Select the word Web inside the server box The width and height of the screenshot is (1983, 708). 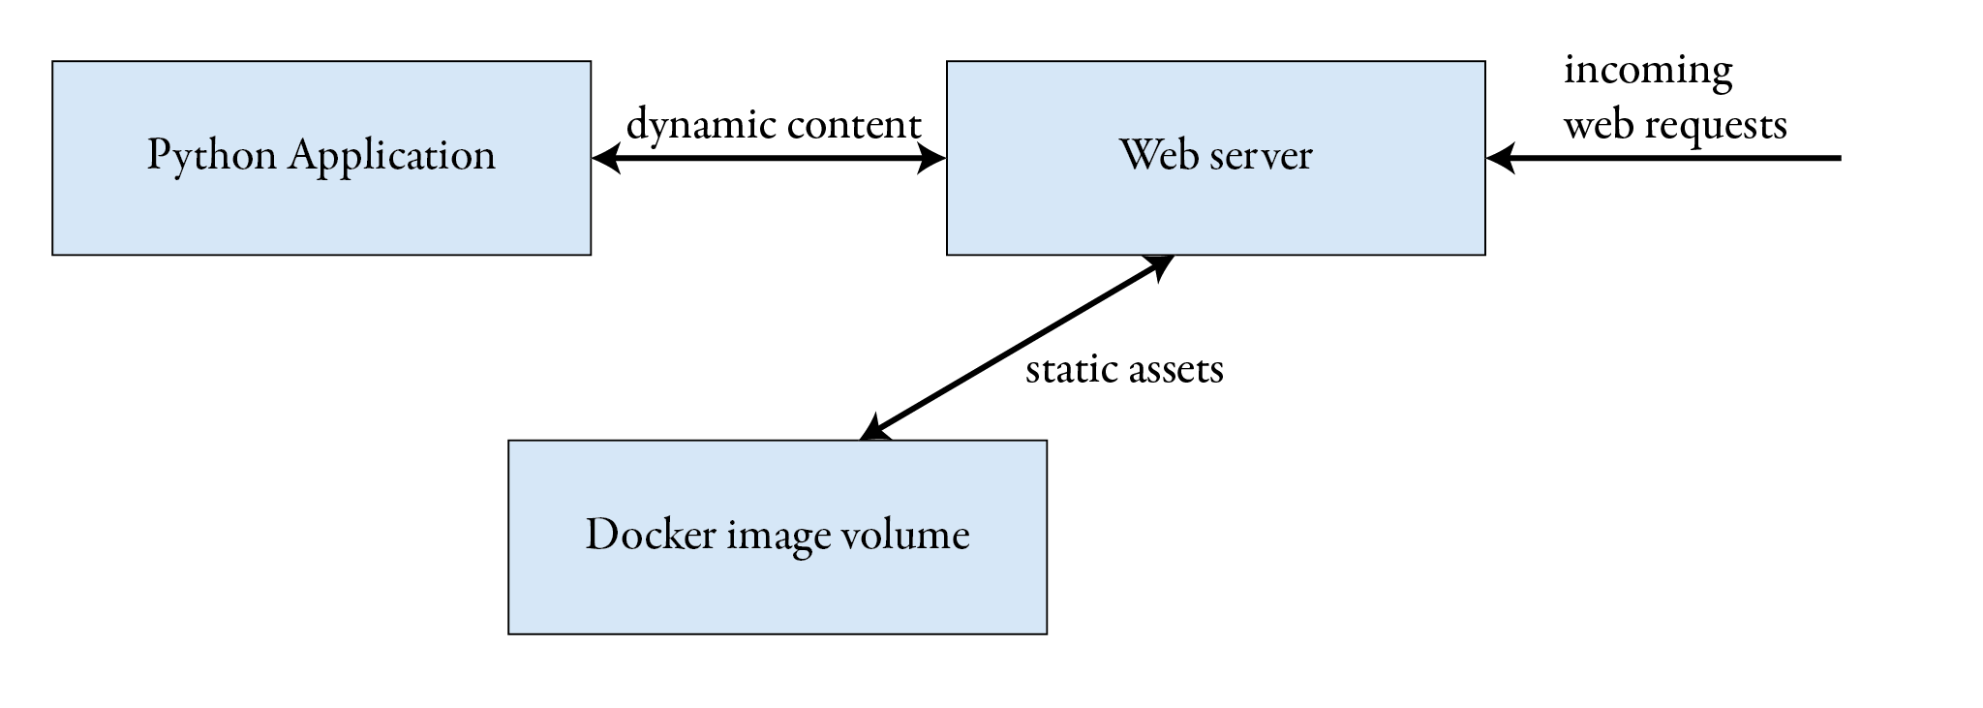[x=1152, y=155]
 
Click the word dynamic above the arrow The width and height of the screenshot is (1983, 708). [x=701, y=126]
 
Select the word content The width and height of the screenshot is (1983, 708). [x=853, y=126]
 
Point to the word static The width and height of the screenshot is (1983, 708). [x=1066, y=370]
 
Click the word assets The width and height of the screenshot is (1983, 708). [x=1176, y=370]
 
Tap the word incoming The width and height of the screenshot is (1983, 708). [x=1648, y=72]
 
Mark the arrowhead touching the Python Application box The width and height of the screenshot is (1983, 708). [x=604, y=158]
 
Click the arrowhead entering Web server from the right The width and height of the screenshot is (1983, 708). [x=1499, y=158]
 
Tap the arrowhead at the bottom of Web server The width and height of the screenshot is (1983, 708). [x=1160, y=264]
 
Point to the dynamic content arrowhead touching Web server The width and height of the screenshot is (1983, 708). [x=932, y=158]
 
